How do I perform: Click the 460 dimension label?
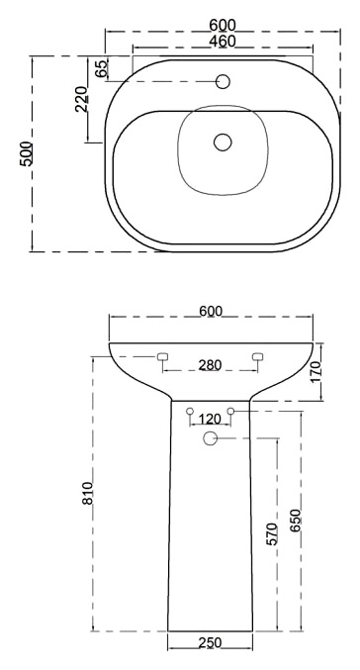point(223,41)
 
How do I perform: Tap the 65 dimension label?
point(102,68)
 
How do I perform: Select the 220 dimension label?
point(81,99)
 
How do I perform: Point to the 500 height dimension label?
point(26,153)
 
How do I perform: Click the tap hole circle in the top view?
point(223,81)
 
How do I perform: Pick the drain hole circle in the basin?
point(223,143)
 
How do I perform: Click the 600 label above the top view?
point(223,25)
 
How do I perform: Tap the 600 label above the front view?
point(211,311)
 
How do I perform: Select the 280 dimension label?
point(210,365)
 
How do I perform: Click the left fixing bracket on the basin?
point(162,357)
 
